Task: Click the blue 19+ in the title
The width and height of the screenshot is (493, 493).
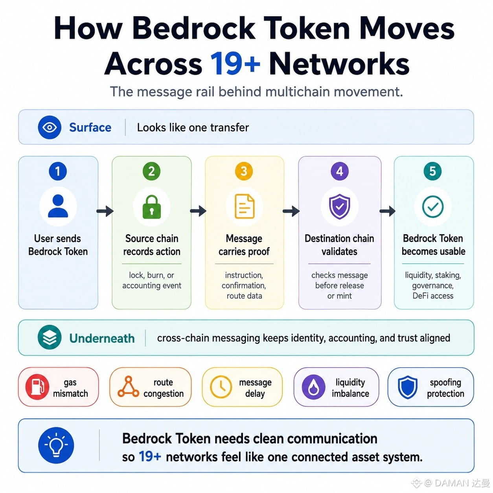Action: pos(235,63)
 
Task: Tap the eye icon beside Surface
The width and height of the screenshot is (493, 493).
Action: pos(50,127)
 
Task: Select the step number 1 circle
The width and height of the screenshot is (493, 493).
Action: pos(58,171)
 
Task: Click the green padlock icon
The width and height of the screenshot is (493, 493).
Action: pos(151,207)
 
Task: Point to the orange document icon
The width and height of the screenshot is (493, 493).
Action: pos(245,206)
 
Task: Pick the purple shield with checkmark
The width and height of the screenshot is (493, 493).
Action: pos(339,206)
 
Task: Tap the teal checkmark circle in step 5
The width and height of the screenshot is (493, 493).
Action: pos(432,207)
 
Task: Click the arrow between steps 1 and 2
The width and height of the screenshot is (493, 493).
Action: pos(105,211)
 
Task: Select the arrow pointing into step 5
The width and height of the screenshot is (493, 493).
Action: pos(387,211)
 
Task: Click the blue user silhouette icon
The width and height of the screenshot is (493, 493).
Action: pos(58,206)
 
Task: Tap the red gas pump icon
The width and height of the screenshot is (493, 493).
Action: pos(37,387)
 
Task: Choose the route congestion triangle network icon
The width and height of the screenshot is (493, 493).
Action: pos(128,386)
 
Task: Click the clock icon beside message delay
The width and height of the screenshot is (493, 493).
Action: pos(221,387)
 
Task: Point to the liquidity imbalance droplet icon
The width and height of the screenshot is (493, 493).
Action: pos(313,387)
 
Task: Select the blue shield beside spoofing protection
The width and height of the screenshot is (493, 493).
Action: pos(408,387)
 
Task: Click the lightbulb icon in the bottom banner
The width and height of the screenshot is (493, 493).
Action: pos(56,445)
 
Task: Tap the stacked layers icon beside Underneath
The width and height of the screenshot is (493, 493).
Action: pos(50,337)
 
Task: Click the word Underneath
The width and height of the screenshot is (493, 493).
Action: pos(102,338)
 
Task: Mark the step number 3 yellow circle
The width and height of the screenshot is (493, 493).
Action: pos(244,171)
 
